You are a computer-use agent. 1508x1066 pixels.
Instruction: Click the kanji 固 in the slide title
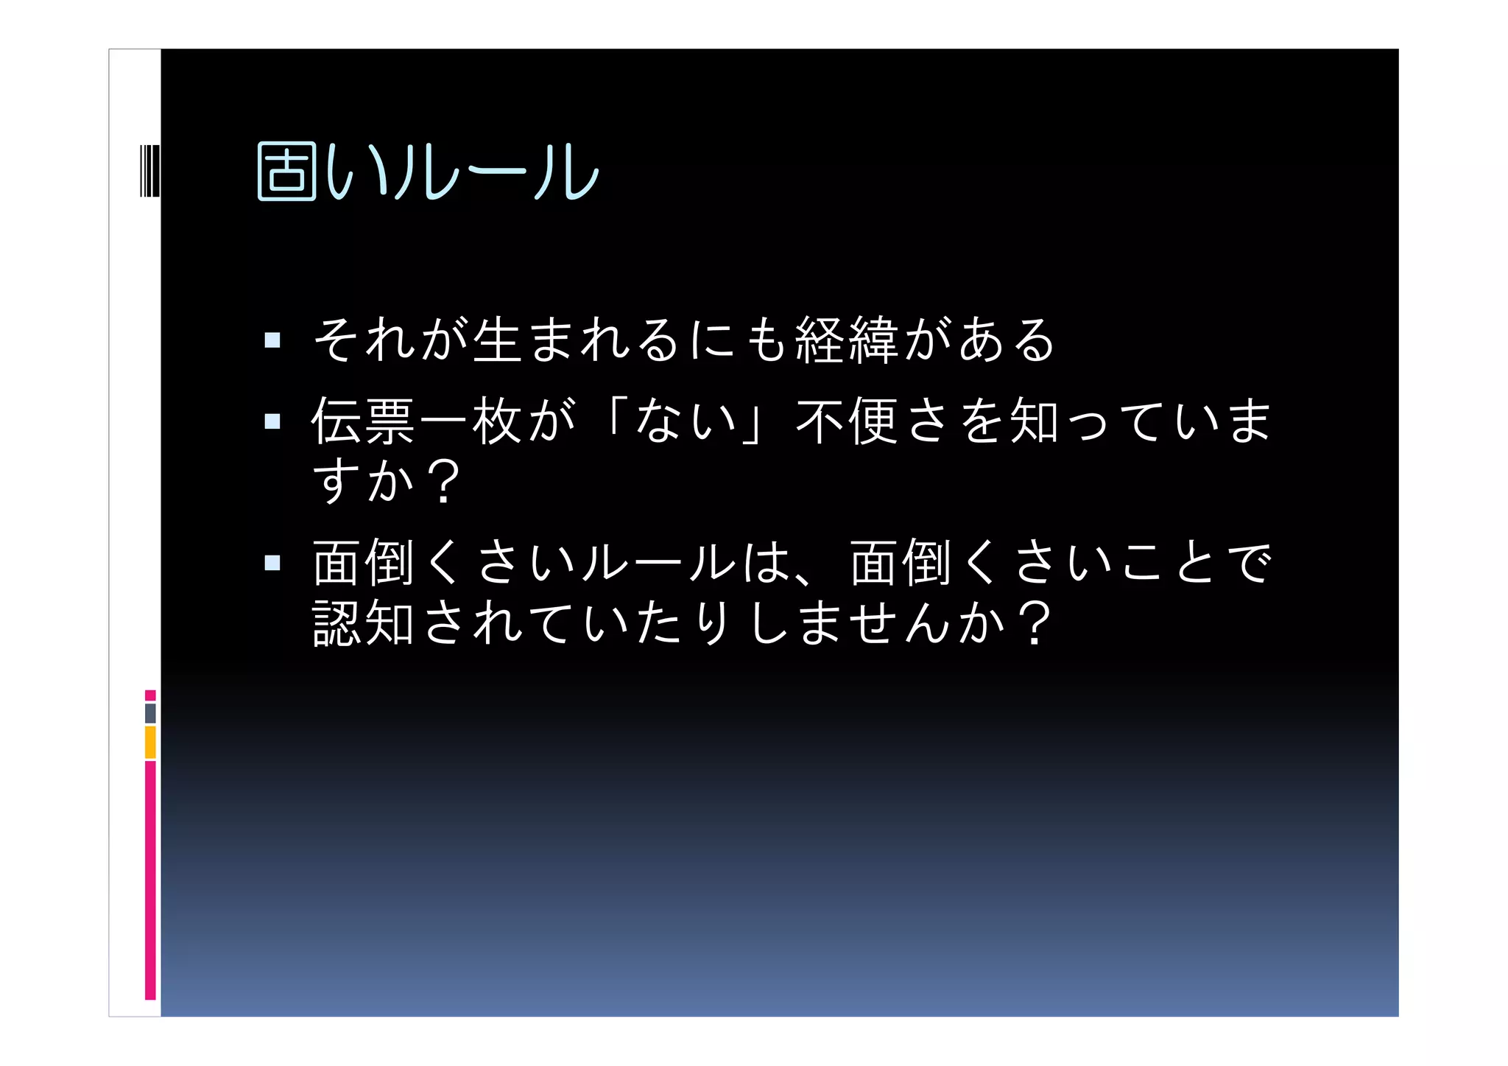286,172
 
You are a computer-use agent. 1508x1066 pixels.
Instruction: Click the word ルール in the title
498,172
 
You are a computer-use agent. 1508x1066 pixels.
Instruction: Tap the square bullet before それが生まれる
272,340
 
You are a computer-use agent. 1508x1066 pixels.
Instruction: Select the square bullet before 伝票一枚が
272,421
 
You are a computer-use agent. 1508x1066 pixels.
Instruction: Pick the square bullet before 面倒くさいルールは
272,563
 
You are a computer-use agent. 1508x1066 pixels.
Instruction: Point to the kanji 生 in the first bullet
498,340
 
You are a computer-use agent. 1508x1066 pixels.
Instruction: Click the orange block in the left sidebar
150,742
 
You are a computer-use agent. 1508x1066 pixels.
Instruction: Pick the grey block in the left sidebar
150,713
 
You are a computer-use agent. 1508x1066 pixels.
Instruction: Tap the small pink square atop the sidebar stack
150,695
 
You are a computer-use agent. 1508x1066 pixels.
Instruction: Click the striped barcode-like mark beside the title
149,171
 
